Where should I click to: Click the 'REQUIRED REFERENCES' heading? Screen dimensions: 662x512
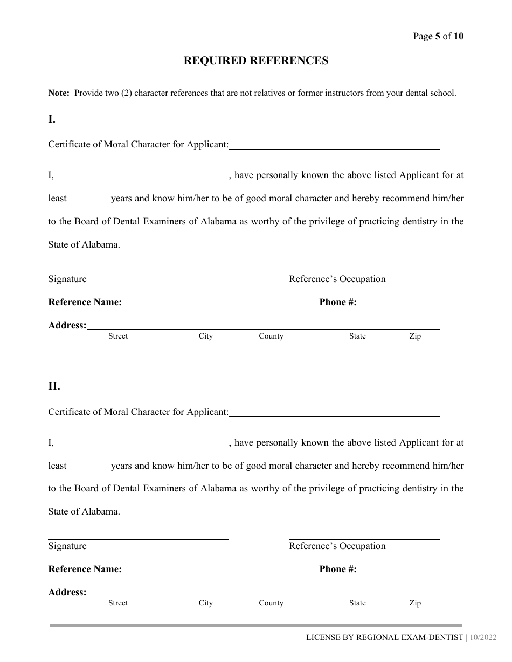[255, 61]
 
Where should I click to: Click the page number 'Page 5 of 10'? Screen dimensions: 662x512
[438, 37]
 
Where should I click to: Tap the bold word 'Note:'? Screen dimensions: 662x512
[59, 93]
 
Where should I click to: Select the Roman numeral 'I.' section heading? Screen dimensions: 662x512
[52, 119]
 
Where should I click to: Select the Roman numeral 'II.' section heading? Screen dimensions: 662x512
[54, 386]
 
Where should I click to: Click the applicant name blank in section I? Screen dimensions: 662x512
[334, 145]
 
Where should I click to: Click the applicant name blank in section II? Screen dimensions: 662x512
[334, 412]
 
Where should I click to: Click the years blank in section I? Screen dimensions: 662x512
[89, 199]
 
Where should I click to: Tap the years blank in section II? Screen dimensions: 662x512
[89, 467]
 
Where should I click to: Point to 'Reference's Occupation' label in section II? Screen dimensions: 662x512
[337, 546]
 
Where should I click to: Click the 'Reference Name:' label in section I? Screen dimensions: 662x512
[85, 302]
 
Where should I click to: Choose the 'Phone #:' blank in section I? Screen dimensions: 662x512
[398, 303]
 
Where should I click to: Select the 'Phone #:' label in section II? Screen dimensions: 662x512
[338, 569]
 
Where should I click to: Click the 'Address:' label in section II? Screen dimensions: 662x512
[67, 593]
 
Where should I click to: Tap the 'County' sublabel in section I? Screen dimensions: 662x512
[271, 336]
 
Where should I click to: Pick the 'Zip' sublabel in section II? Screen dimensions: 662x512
[415, 603]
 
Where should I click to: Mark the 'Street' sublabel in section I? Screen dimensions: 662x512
[118, 336]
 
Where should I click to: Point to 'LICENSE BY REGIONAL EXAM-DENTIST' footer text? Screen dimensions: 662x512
[384, 638]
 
